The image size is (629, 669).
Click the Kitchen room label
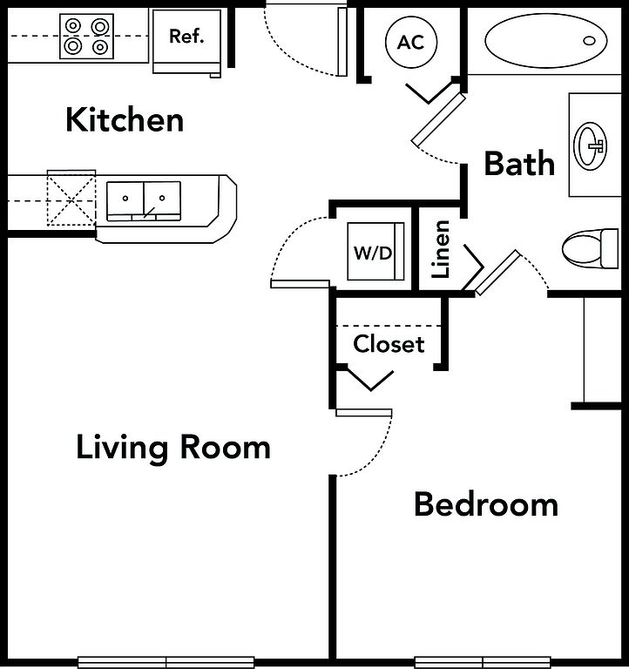[125, 120]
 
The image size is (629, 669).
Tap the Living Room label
[173, 448]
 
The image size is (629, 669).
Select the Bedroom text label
[486, 504]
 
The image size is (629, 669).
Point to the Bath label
[519, 163]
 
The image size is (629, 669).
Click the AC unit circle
[411, 42]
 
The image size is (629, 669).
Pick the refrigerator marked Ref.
[187, 42]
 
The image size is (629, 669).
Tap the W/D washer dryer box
[375, 251]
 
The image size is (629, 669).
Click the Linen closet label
[441, 249]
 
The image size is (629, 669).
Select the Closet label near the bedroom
[389, 344]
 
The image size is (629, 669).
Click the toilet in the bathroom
[590, 249]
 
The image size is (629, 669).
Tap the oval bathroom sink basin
[591, 146]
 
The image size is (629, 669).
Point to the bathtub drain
[589, 41]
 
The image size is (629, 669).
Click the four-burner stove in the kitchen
[86, 37]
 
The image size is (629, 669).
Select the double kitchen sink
[144, 201]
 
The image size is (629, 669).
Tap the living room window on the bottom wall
[166, 663]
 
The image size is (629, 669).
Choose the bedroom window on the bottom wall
[483, 663]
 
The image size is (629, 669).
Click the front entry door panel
[342, 42]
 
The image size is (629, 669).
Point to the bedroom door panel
[363, 413]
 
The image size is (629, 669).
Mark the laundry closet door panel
[300, 284]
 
